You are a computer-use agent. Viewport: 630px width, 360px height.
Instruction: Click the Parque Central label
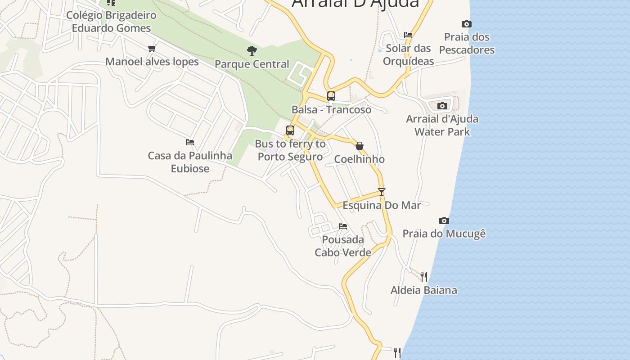pos(252,64)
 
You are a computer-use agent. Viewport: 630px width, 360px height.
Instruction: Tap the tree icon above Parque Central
pos(252,50)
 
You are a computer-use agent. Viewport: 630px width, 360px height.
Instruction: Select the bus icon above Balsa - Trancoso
pos(331,96)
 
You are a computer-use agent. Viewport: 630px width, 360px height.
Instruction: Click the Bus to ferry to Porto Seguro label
pos(290,150)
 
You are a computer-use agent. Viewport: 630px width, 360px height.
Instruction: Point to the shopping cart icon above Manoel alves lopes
pos(152,48)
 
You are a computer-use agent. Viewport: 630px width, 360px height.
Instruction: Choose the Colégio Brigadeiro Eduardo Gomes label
pos(111,22)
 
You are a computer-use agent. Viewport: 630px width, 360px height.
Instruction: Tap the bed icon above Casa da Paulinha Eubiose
pos(190,142)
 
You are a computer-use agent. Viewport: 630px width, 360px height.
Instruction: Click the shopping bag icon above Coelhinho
pos(360,146)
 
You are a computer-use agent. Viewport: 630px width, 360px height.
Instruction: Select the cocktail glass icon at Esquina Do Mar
pos(382,192)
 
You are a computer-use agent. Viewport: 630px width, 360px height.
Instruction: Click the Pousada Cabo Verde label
pos(343,246)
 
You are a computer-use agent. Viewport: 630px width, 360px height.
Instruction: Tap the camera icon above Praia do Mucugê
pos(444,220)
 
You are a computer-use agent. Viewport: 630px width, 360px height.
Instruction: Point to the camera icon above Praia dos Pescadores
pos(467,24)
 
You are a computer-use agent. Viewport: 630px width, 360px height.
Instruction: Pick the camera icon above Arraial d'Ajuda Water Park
pos(442,106)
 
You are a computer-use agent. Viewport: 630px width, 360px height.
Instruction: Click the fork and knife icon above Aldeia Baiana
pos(424,276)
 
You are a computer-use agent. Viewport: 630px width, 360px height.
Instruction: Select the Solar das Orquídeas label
pos(408,54)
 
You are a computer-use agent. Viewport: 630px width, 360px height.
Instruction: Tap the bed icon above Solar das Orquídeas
pos(408,35)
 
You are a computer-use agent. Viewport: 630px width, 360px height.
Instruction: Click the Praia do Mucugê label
pos(444,234)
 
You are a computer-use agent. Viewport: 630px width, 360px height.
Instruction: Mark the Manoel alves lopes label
pos(152,61)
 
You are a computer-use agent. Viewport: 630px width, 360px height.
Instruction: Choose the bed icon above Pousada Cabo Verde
pos(343,226)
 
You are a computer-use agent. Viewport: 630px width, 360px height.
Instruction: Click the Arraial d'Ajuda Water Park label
pos(442,125)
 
